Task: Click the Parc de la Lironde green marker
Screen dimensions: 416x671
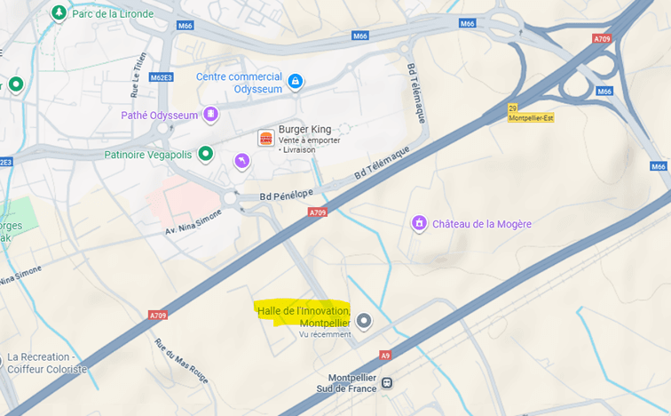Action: [59, 13]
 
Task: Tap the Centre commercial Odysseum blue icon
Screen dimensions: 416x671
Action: [296, 82]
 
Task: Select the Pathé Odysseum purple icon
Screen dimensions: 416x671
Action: [210, 114]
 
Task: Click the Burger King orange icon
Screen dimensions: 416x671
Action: [265, 137]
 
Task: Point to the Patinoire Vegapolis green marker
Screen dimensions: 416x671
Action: [206, 154]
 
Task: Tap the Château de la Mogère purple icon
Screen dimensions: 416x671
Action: [419, 224]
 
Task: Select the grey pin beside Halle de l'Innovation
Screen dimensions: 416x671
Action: [363, 320]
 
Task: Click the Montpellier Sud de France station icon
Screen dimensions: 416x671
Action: [387, 383]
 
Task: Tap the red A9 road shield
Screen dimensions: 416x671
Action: [384, 356]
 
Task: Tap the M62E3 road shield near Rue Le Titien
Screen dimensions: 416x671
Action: [161, 77]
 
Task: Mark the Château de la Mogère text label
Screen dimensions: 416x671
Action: [482, 224]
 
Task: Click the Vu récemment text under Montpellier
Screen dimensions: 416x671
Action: [325, 334]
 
